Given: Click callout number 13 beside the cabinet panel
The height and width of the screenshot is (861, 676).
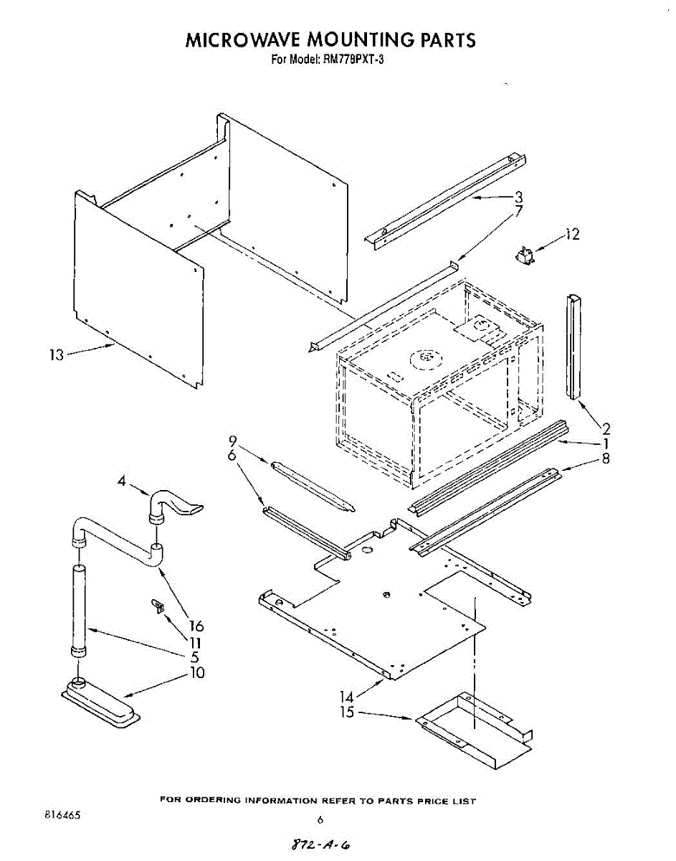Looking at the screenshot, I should coord(57,354).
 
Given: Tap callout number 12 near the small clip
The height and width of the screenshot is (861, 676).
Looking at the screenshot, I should coord(572,235).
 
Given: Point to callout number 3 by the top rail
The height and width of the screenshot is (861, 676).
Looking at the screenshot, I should coord(518,197).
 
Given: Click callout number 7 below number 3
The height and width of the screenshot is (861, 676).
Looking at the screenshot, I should coord(518,211).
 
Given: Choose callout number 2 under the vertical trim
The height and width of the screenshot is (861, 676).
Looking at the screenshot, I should coord(606,430).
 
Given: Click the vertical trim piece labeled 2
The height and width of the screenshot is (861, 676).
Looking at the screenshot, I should coord(575,345).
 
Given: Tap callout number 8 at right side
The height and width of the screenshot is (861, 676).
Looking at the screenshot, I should coord(606,458).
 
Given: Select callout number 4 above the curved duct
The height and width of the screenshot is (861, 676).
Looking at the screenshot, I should coord(122,482).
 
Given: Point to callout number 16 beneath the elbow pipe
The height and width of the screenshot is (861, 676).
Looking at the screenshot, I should coord(196,626).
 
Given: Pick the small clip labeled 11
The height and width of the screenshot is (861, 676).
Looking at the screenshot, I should coord(157,607).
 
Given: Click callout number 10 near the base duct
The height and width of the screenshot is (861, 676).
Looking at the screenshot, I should coord(196,673).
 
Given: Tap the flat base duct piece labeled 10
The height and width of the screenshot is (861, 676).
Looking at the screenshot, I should coord(100,701).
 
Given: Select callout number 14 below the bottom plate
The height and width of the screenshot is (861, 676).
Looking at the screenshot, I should coord(347,696).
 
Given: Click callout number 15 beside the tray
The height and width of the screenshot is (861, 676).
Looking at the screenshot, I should coord(347,713).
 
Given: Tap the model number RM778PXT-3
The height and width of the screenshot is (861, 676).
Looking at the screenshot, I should coord(349,60).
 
